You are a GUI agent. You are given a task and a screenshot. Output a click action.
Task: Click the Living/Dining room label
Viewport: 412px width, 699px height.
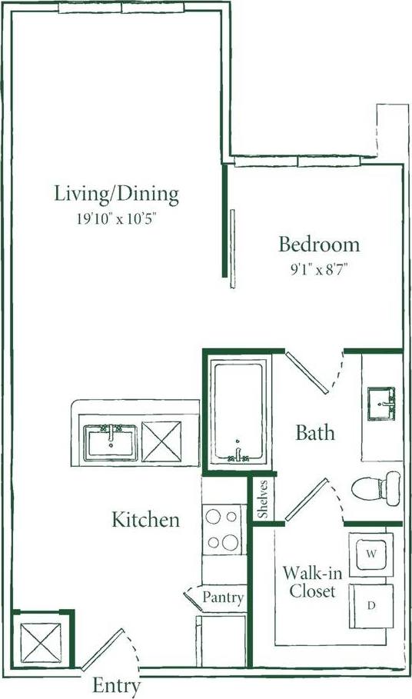116,194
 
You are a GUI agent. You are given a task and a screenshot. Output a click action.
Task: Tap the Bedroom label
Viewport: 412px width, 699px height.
318,245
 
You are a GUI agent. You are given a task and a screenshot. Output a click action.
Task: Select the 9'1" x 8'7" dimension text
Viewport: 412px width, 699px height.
319,270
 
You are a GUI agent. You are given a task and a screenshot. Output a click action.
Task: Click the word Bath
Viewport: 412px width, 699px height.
315,433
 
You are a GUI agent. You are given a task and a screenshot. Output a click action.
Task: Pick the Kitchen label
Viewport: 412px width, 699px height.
146,520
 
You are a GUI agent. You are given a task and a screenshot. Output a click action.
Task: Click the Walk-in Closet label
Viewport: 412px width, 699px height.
308,582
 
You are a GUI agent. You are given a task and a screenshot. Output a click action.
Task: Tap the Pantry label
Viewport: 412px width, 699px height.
223,597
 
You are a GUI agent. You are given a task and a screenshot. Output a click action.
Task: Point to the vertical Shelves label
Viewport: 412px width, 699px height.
263,499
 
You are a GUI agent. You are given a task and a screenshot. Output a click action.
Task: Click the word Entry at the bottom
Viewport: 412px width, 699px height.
116,686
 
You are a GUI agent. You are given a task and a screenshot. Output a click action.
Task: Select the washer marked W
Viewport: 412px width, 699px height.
370,554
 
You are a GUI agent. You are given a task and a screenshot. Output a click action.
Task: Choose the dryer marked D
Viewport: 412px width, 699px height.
370,605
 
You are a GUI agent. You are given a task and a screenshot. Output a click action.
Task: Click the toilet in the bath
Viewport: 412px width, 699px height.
377,486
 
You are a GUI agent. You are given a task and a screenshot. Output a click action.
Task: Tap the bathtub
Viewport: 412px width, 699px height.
238,412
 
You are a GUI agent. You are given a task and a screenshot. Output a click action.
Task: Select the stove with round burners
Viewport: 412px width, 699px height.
223,529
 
